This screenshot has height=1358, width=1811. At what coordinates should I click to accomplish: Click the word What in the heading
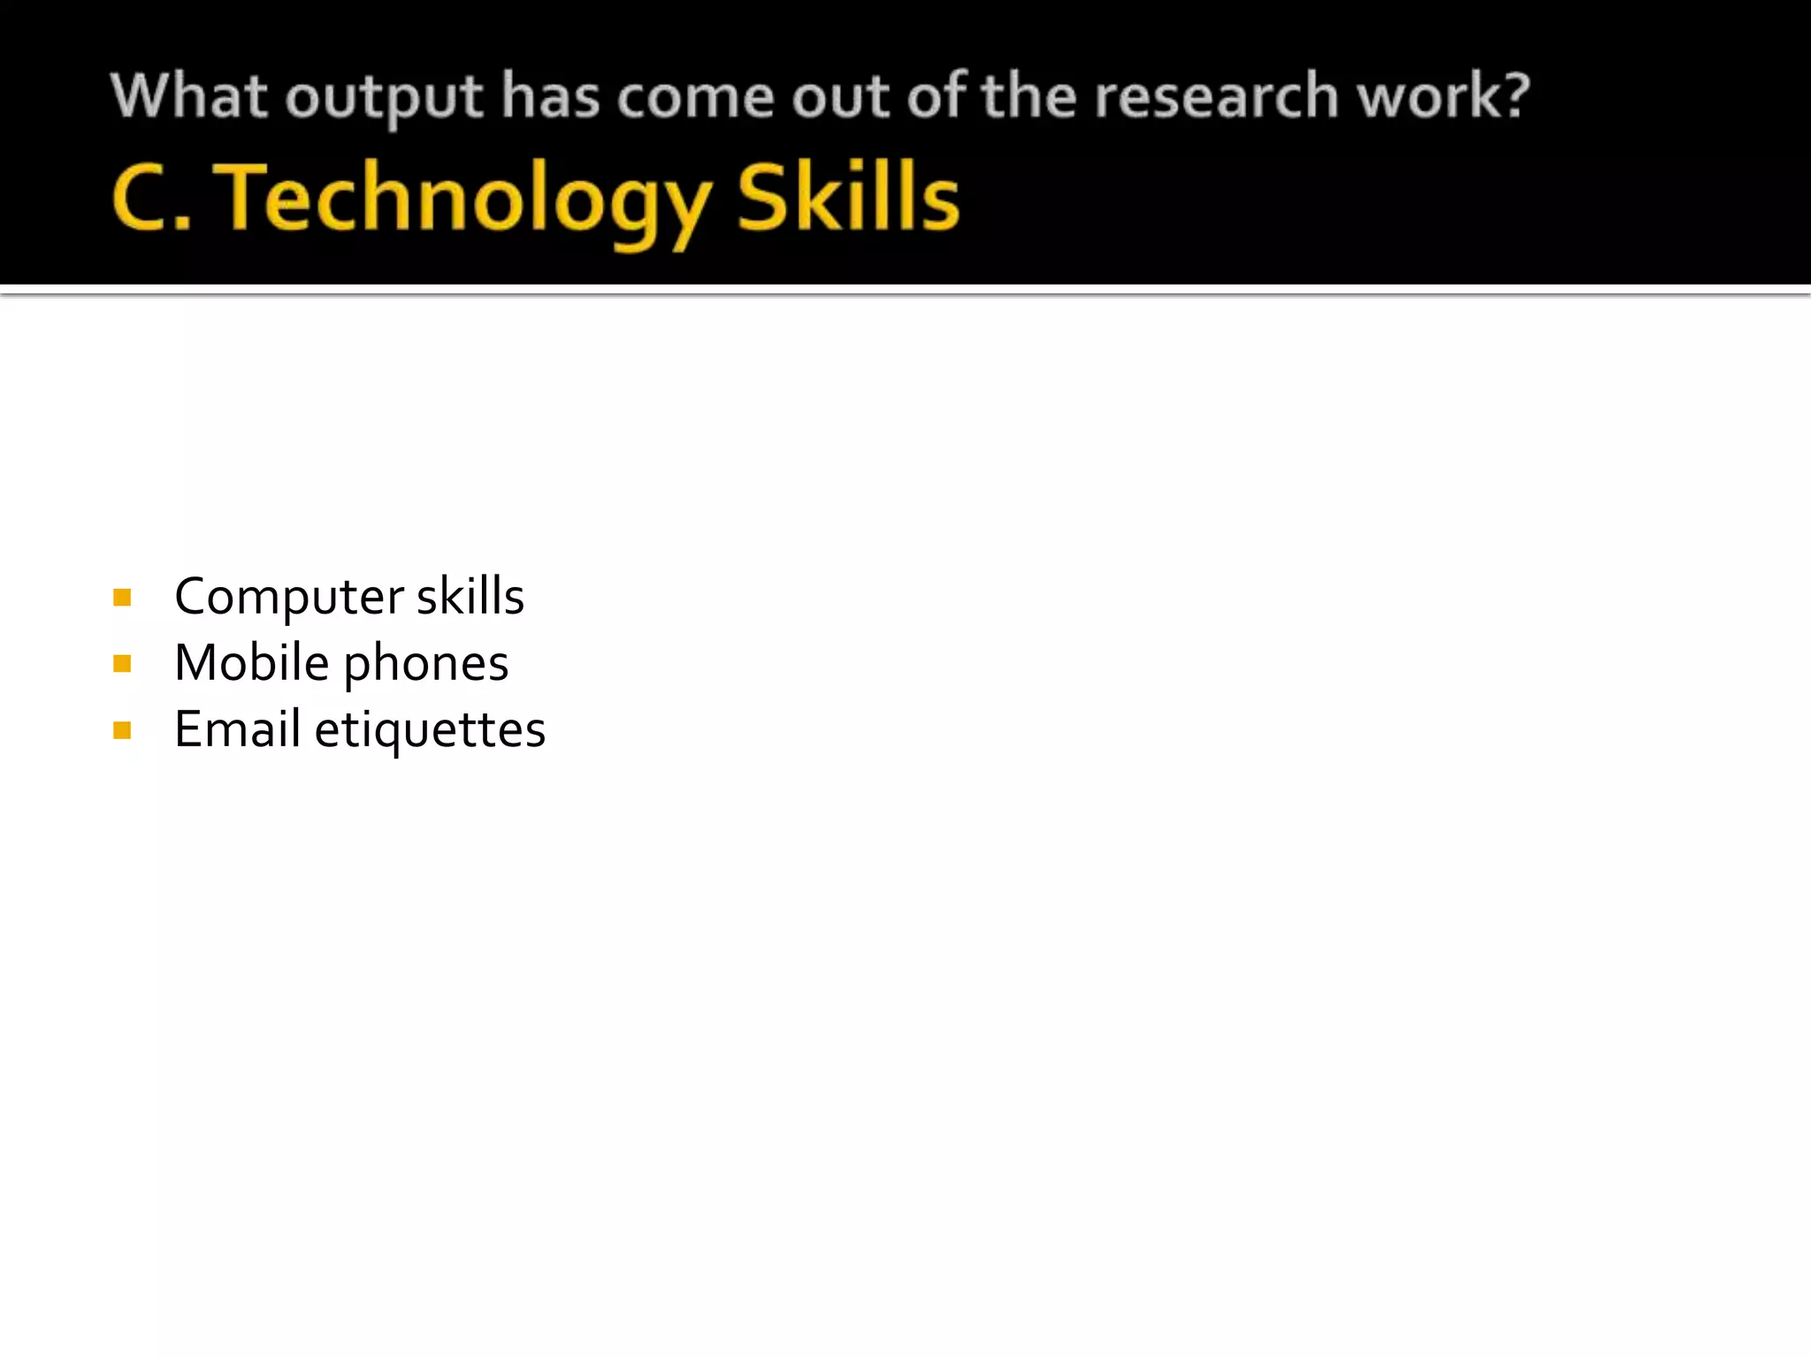(x=188, y=95)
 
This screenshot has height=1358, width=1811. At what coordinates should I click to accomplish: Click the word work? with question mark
(x=1443, y=95)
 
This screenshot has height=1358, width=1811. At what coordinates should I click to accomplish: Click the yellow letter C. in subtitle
(x=152, y=198)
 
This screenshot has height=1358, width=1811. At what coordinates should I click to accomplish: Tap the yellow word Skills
(x=847, y=198)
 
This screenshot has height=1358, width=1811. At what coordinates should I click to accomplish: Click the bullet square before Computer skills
(x=123, y=599)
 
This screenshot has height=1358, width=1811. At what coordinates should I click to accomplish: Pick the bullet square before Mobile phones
(x=123, y=664)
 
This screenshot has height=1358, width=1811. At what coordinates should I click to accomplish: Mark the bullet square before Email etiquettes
(x=123, y=730)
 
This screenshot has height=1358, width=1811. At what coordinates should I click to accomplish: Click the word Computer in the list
(x=289, y=597)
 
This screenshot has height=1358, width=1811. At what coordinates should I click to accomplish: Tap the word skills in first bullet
(x=470, y=597)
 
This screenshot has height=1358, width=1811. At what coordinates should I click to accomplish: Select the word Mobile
(x=252, y=663)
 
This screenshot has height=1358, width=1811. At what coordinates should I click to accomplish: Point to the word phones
(x=426, y=665)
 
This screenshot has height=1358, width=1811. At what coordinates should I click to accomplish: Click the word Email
(x=238, y=729)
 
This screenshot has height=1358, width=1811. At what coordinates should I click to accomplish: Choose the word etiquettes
(x=430, y=731)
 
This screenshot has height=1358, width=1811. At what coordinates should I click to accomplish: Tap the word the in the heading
(x=1028, y=95)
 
